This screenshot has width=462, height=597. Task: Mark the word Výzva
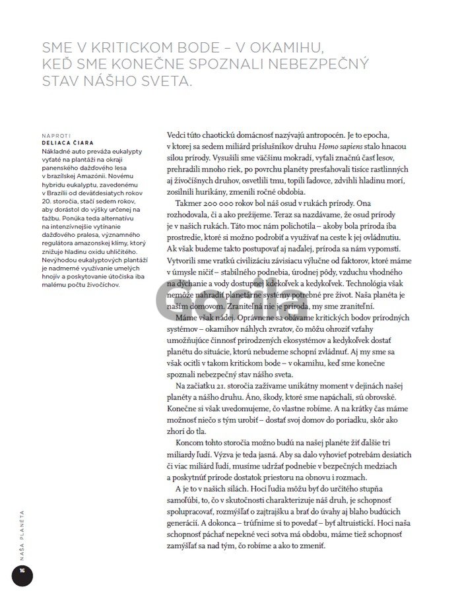(x=220, y=456)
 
